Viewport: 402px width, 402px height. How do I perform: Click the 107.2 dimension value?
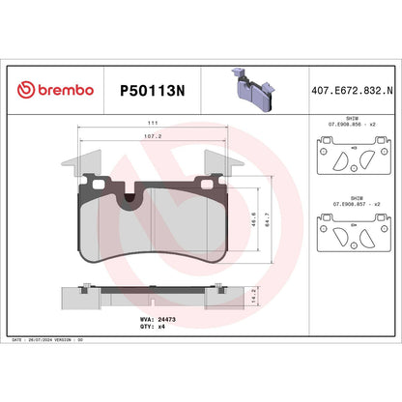tap(153, 137)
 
